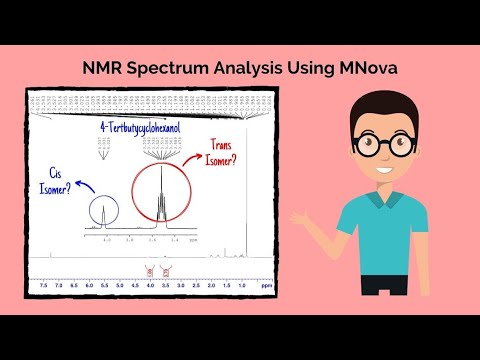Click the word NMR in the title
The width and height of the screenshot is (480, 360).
click(102, 68)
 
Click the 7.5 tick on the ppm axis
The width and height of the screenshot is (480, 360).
click(43, 286)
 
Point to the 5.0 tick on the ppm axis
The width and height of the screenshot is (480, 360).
click(119, 286)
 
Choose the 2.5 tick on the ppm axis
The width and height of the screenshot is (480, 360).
click(196, 286)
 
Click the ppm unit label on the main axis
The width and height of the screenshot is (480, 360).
click(265, 286)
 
